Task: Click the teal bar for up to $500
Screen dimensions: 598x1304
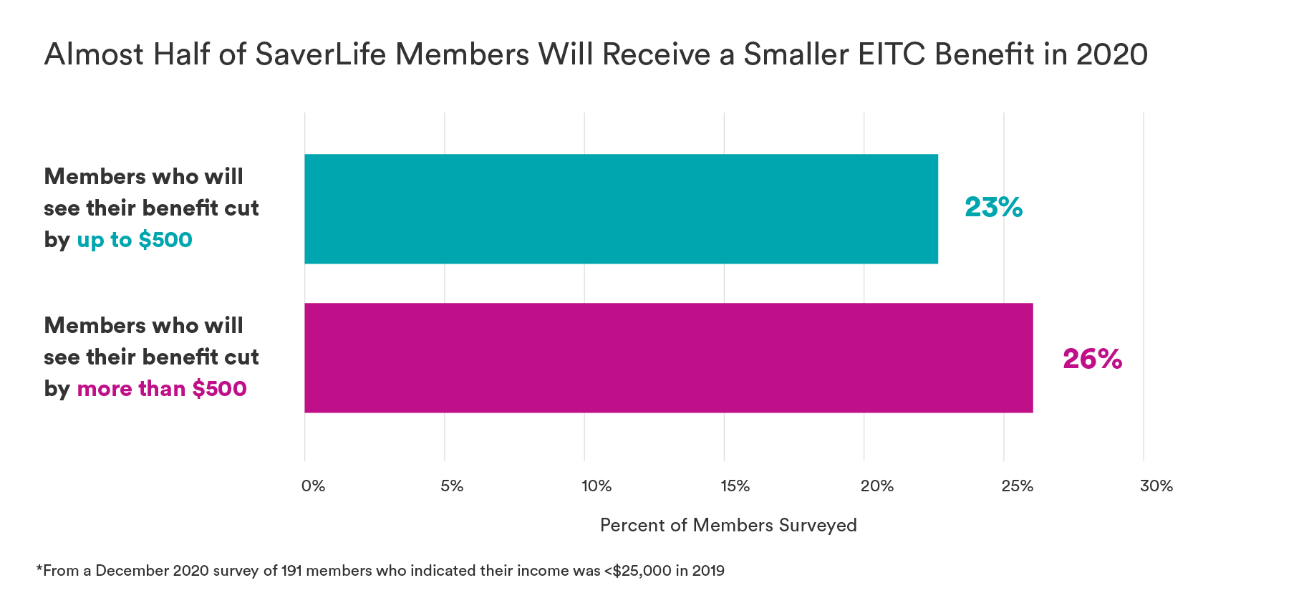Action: (x=621, y=208)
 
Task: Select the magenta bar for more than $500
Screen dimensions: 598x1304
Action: (x=668, y=357)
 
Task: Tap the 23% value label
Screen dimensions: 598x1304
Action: (x=993, y=208)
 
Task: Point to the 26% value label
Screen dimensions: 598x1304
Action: (x=1092, y=359)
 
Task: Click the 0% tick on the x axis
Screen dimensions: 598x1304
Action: (x=313, y=486)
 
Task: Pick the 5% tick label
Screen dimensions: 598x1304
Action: (x=452, y=486)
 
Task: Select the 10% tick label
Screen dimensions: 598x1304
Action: (x=597, y=486)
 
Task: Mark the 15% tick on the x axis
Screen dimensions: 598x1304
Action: (x=735, y=486)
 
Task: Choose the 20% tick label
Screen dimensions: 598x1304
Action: (x=876, y=486)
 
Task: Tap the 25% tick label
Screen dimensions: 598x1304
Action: (x=1017, y=486)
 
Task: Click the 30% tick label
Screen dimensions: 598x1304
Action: (x=1156, y=486)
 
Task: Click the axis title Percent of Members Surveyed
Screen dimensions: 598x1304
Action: (x=728, y=526)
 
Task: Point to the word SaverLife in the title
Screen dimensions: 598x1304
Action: (x=320, y=55)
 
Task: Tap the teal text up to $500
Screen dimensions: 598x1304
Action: (x=135, y=240)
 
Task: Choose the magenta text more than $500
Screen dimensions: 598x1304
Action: (x=162, y=389)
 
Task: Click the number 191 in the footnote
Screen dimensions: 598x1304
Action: (x=291, y=571)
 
